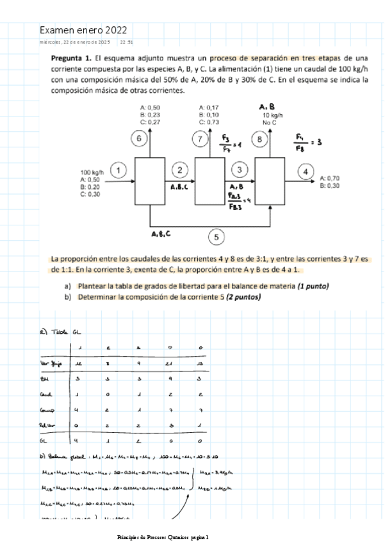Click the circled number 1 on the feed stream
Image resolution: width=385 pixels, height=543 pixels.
point(119,170)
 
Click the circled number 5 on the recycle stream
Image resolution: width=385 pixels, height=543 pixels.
point(216,237)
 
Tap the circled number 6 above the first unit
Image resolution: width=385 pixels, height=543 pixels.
point(139,138)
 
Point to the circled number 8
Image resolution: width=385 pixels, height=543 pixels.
point(259,138)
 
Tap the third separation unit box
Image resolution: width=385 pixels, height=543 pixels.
point(270,182)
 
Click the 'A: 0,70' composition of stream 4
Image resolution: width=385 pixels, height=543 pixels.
point(329,178)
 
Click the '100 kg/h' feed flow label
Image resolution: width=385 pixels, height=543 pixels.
point(92,173)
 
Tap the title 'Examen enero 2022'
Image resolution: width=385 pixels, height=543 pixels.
point(83,30)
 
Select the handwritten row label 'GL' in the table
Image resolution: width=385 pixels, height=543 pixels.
point(44,441)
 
